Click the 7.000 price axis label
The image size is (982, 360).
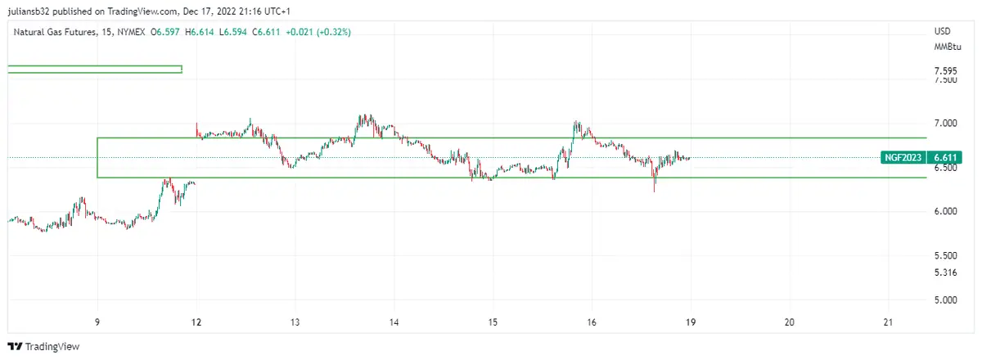point(946,124)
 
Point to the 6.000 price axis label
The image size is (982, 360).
point(946,212)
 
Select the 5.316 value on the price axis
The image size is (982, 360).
point(946,272)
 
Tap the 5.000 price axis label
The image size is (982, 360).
point(946,300)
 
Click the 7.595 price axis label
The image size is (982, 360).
point(946,71)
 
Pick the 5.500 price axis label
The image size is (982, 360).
point(946,256)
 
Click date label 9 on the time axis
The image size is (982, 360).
point(97,322)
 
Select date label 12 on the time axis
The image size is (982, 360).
point(196,322)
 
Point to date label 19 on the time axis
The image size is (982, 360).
point(691,322)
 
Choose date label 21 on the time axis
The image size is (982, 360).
point(889,322)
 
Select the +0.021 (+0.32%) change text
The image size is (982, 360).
point(318,32)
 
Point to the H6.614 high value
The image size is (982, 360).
point(200,32)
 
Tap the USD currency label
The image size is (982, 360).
point(942,31)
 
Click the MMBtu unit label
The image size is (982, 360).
point(946,47)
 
